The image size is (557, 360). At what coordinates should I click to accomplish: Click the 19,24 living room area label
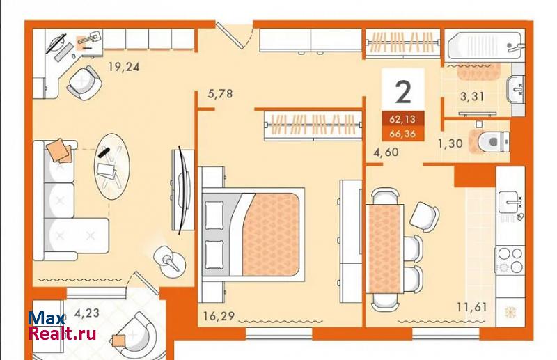tap(124, 66)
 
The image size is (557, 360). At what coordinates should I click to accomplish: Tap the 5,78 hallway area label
tap(220, 94)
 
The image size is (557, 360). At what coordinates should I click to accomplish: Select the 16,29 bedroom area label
tap(219, 315)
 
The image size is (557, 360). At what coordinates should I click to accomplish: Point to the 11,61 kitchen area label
tap(472, 306)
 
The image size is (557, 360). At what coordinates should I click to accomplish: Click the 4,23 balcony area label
tap(87, 313)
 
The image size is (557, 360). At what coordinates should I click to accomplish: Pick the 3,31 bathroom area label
tap(472, 96)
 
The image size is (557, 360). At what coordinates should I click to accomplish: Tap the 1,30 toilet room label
tap(450, 143)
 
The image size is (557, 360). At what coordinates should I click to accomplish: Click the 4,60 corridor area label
tap(386, 152)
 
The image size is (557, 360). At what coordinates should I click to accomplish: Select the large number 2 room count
tap(403, 92)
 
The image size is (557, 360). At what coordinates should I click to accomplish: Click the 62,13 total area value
tap(402, 119)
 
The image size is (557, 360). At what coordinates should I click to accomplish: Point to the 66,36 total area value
tap(402, 134)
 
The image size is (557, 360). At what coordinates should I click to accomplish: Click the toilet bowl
tap(494, 142)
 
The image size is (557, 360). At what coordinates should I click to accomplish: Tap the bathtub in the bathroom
tap(484, 46)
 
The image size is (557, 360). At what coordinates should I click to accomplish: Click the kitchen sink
tap(510, 202)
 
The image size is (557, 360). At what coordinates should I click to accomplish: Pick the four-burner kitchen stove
tap(510, 260)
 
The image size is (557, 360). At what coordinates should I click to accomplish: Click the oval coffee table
tap(111, 166)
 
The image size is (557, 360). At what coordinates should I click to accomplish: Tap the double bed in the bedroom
tap(253, 235)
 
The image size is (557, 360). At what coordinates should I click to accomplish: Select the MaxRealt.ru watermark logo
tap(62, 326)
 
